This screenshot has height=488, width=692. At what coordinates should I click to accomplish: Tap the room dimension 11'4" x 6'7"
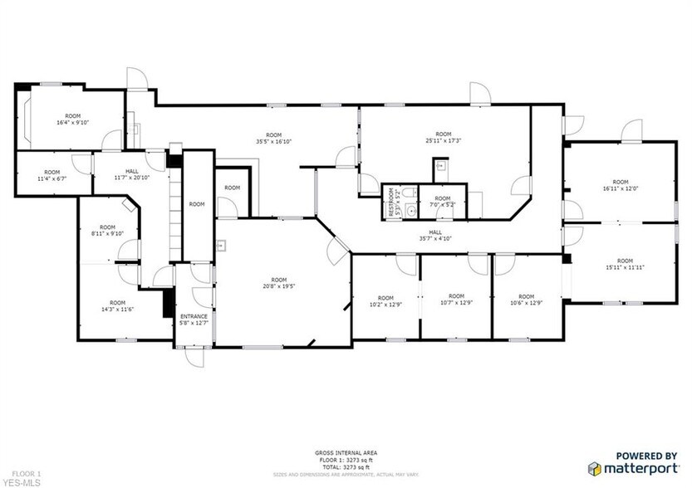tap(50, 176)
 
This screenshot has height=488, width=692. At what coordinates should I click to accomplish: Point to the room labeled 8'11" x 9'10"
tap(107, 231)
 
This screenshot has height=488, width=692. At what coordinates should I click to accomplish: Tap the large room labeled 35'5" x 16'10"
tap(274, 139)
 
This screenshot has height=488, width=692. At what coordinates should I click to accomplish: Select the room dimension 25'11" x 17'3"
tap(444, 139)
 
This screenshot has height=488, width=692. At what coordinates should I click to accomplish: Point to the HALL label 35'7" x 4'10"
tap(435, 236)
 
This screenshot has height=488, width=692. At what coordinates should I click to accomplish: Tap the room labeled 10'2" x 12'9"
tap(385, 301)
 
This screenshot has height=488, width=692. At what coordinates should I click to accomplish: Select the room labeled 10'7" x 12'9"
tap(456, 300)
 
